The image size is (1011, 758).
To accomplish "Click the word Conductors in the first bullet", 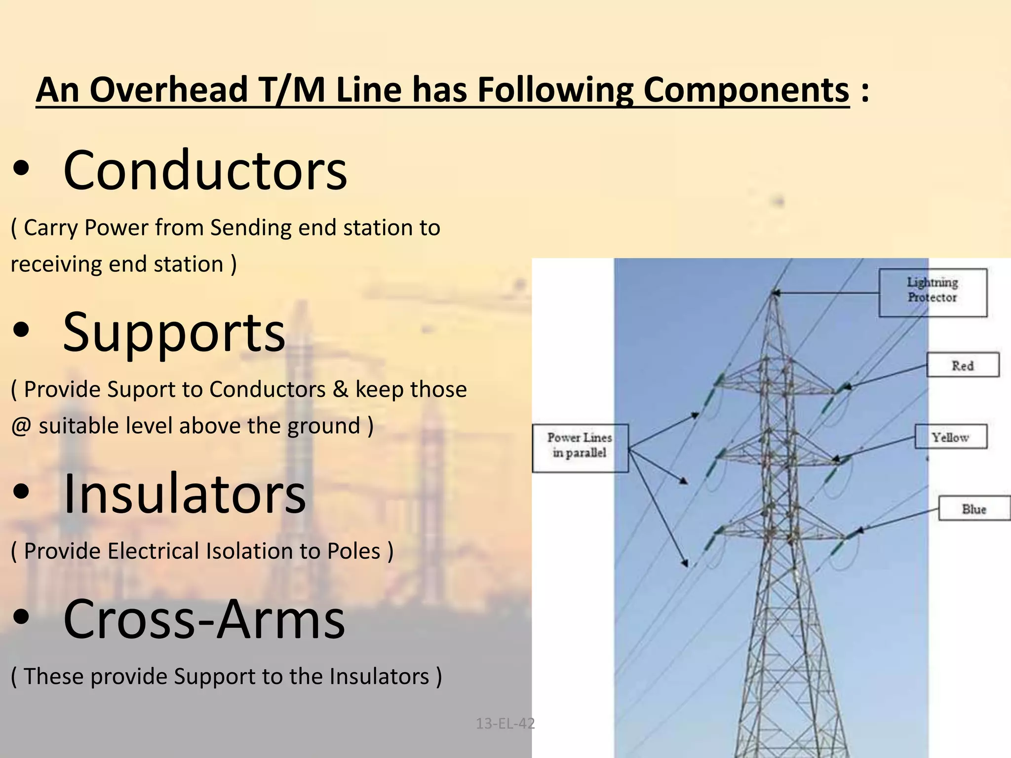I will pyautogui.click(x=205, y=171).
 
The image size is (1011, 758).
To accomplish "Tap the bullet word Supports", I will pyautogui.click(x=174, y=334).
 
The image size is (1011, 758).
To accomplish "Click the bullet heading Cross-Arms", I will pyautogui.click(x=204, y=620).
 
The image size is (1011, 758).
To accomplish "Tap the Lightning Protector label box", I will pyautogui.click(x=933, y=292).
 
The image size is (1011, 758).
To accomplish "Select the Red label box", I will pyautogui.click(x=962, y=365).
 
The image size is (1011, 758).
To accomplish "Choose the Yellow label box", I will pyautogui.click(x=950, y=437).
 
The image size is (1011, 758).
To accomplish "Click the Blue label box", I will pyautogui.click(x=973, y=508).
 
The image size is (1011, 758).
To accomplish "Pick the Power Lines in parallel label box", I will pyautogui.click(x=580, y=447).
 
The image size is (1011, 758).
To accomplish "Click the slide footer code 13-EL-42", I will pyautogui.click(x=505, y=723).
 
